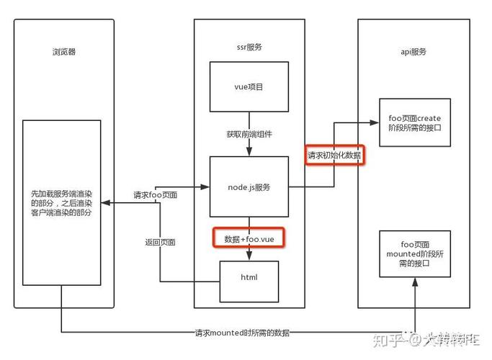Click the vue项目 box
(x=249, y=86)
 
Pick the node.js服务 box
(x=249, y=186)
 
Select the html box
(x=249, y=277)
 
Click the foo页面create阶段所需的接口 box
(x=414, y=122)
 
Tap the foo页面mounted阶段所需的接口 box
(x=414, y=254)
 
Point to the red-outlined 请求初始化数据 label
(x=334, y=155)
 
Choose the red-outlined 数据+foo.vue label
(x=249, y=238)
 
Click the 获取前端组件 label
(x=249, y=135)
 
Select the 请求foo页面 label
(x=155, y=194)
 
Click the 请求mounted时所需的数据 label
(x=242, y=333)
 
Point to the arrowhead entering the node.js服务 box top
(x=249, y=151)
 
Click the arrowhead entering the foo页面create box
(x=375, y=123)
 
